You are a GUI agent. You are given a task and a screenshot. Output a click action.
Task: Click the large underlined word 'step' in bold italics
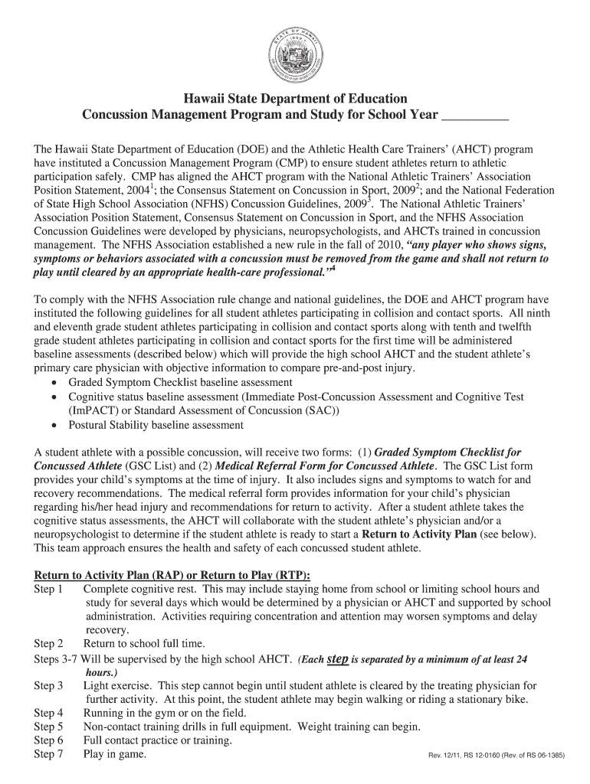tap(338, 658)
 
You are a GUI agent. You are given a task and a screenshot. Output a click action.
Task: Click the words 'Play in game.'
tap(115, 754)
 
